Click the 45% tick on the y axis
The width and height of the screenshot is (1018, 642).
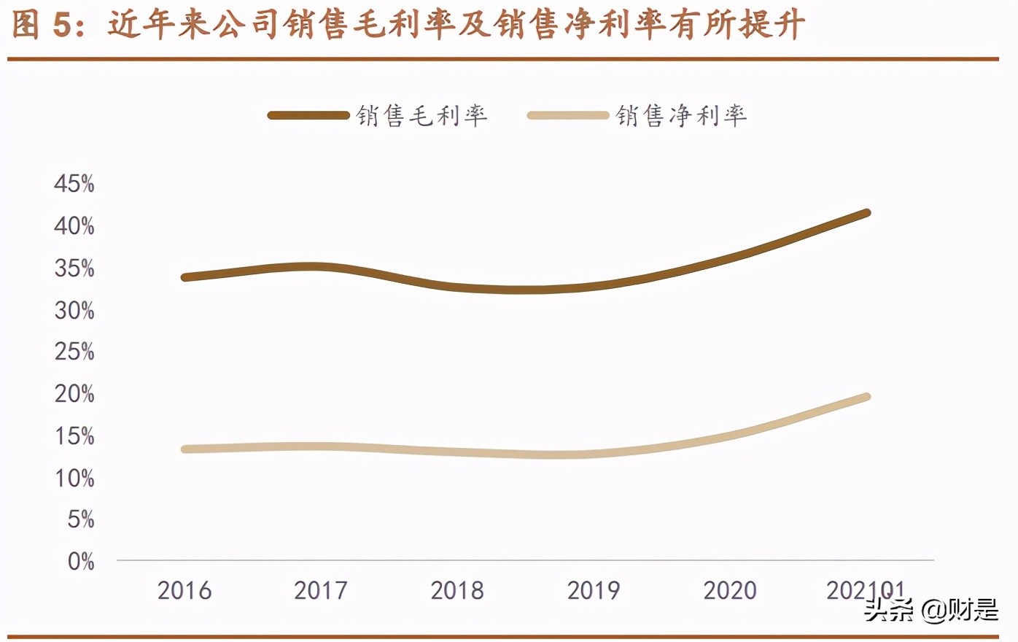point(74,184)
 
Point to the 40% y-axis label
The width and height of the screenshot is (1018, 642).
point(74,226)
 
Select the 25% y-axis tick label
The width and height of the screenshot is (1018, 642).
point(74,352)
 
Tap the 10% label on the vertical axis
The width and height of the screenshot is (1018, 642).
point(74,479)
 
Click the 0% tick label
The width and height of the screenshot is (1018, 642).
point(80,562)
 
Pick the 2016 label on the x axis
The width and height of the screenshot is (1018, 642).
point(184,590)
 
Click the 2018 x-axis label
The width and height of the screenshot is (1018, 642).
point(457,590)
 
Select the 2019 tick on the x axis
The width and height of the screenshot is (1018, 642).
point(594,590)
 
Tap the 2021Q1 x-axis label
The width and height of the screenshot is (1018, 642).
point(865,590)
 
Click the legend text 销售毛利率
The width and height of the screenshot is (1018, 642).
point(421,115)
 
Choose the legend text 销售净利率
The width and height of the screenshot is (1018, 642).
point(681,115)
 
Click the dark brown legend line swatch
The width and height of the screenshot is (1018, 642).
point(308,115)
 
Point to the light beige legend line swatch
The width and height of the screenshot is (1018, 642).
point(567,115)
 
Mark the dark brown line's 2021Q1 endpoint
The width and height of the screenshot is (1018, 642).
point(866,213)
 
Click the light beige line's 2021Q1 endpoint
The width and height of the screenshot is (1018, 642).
point(866,398)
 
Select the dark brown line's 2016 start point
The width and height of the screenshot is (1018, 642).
point(185,277)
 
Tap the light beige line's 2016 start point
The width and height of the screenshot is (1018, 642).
point(185,449)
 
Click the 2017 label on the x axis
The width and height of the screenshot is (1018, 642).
point(321,590)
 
